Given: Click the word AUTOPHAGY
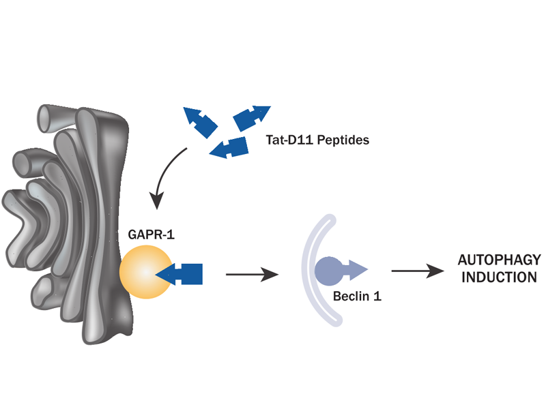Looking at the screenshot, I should (x=499, y=260).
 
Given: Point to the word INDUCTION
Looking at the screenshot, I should (x=499, y=277).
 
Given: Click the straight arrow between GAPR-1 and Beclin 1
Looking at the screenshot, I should (x=252, y=275).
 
